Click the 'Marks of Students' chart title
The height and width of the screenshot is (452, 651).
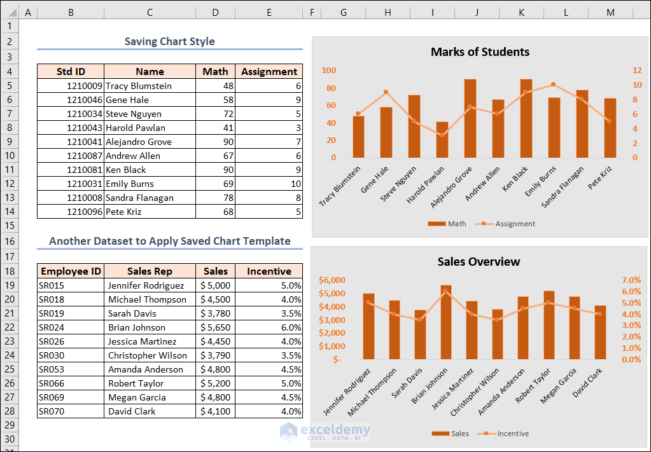(x=480, y=52)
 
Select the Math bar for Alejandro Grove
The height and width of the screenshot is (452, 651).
(x=470, y=118)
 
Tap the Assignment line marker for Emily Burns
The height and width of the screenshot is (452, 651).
(x=553, y=85)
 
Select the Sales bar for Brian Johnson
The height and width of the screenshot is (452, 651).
(x=445, y=322)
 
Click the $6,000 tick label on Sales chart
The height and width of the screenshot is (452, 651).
(x=332, y=280)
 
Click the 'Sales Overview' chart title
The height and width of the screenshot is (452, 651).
(x=479, y=262)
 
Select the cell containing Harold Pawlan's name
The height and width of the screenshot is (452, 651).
(x=150, y=128)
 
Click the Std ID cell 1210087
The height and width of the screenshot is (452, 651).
(x=71, y=156)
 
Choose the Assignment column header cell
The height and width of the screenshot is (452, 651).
(x=269, y=72)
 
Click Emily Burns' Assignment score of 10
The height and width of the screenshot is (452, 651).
(x=269, y=184)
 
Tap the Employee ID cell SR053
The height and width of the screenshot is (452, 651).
(x=71, y=369)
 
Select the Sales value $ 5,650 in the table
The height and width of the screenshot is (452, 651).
(x=215, y=327)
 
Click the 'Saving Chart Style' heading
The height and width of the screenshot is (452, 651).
(x=169, y=42)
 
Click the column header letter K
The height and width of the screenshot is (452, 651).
(x=521, y=12)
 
